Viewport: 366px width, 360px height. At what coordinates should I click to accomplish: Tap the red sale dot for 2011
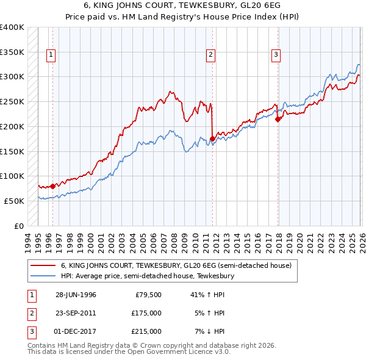(x=212, y=139)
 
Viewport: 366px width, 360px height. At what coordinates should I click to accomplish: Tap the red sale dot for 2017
(x=278, y=119)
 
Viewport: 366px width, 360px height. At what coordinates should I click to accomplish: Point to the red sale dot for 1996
(x=53, y=186)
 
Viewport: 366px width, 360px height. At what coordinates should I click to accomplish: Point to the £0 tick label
(x=19, y=226)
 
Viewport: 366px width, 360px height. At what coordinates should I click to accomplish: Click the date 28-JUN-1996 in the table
(x=76, y=295)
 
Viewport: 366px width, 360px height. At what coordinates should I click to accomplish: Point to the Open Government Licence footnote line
(x=129, y=353)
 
